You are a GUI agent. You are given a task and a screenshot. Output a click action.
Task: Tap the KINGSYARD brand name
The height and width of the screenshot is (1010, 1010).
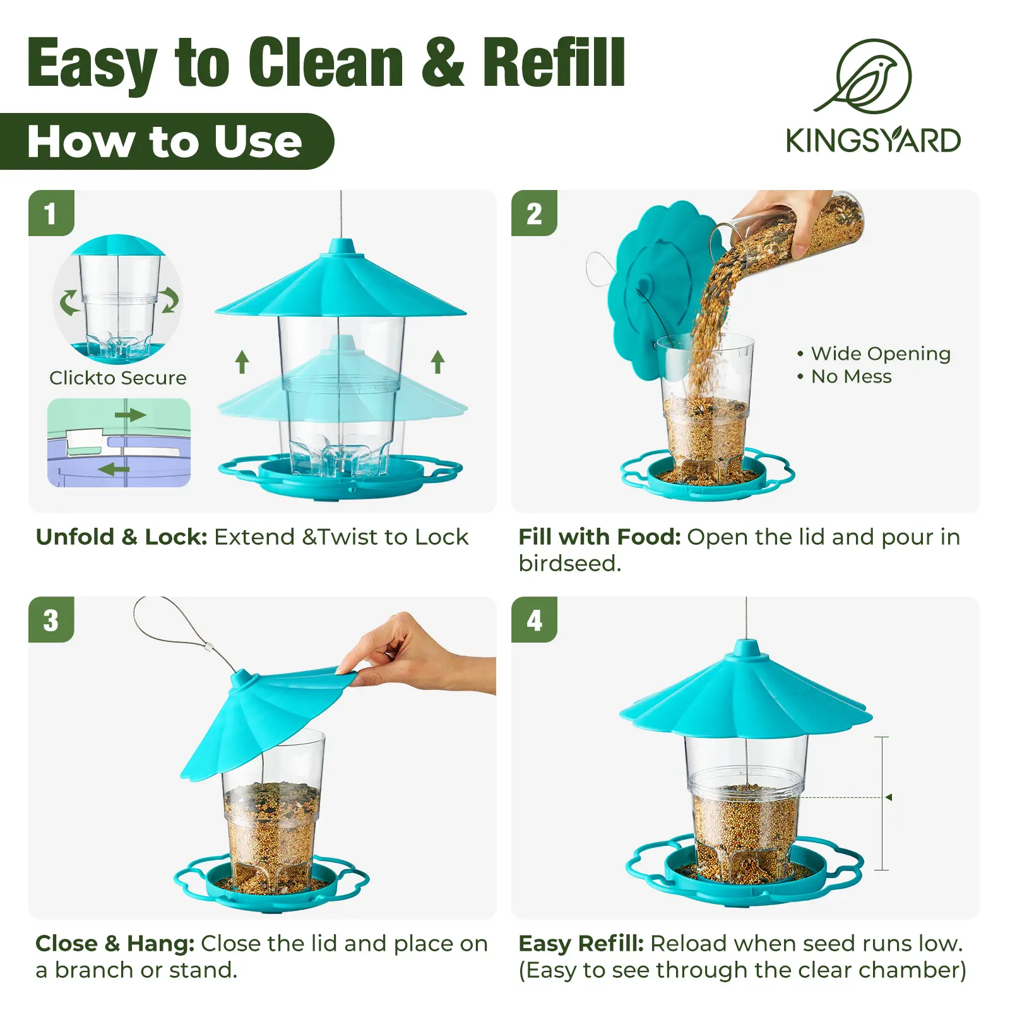pos(873,140)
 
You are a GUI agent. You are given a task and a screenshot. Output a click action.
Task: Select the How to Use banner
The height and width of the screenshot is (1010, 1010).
pos(165,141)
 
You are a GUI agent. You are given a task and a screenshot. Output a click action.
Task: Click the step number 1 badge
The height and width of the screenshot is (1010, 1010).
pos(51,213)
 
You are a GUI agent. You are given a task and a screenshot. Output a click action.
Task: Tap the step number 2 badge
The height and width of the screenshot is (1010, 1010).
pos(534,213)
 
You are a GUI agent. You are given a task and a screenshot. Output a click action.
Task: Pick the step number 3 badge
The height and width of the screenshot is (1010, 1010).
pos(51,620)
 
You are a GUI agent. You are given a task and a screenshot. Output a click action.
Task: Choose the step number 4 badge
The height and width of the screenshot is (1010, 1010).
pos(534,620)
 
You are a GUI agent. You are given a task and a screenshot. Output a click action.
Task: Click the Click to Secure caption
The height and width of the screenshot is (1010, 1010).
pos(118,377)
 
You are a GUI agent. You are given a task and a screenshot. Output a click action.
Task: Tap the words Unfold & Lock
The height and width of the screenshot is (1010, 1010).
pos(122,537)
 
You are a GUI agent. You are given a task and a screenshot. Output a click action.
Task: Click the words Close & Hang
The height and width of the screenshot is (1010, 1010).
pos(115,943)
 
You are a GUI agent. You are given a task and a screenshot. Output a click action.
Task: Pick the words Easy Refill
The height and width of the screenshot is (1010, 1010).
pos(581,943)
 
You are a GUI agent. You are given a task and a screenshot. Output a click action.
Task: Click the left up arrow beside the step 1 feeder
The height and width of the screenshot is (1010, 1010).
pos(242,362)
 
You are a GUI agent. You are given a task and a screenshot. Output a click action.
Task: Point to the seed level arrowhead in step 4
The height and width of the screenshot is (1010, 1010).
pos(889,797)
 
